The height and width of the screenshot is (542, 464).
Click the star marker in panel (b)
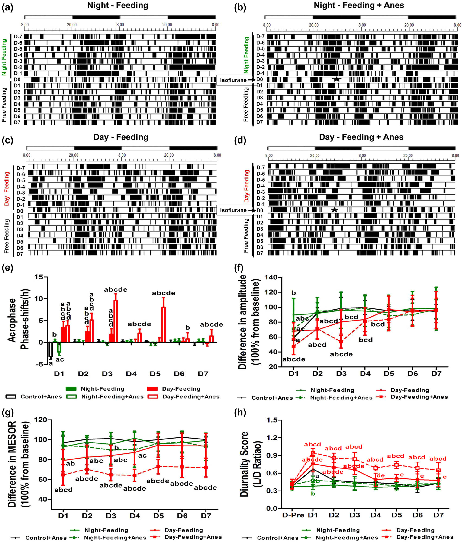tap(336, 79)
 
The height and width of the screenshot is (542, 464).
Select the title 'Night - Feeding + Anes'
tap(359, 6)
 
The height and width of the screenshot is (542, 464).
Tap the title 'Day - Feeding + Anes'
tap(361, 137)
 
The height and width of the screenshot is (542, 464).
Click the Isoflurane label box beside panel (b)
tap(233, 80)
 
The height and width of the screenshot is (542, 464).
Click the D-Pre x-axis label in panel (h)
tap(293, 515)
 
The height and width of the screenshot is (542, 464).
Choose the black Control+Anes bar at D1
tap(51, 350)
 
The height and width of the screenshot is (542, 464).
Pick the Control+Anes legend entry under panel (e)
tap(34, 397)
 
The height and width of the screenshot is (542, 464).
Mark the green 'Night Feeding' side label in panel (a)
tap(4, 57)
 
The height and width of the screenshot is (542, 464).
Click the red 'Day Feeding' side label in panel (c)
tap(7, 189)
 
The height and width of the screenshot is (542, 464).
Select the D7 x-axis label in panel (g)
tap(206, 516)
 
